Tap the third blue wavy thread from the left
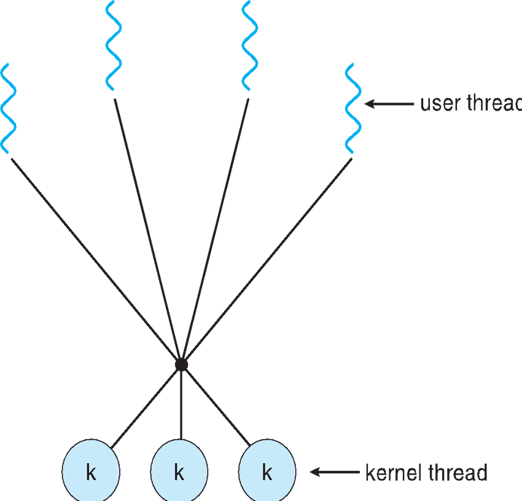(x=249, y=46)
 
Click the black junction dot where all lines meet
(x=181, y=365)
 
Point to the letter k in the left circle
(x=91, y=473)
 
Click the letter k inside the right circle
(x=267, y=473)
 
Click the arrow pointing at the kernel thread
(x=335, y=472)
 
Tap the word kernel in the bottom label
(x=390, y=473)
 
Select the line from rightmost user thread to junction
(x=270, y=258)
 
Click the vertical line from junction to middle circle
(x=181, y=405)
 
